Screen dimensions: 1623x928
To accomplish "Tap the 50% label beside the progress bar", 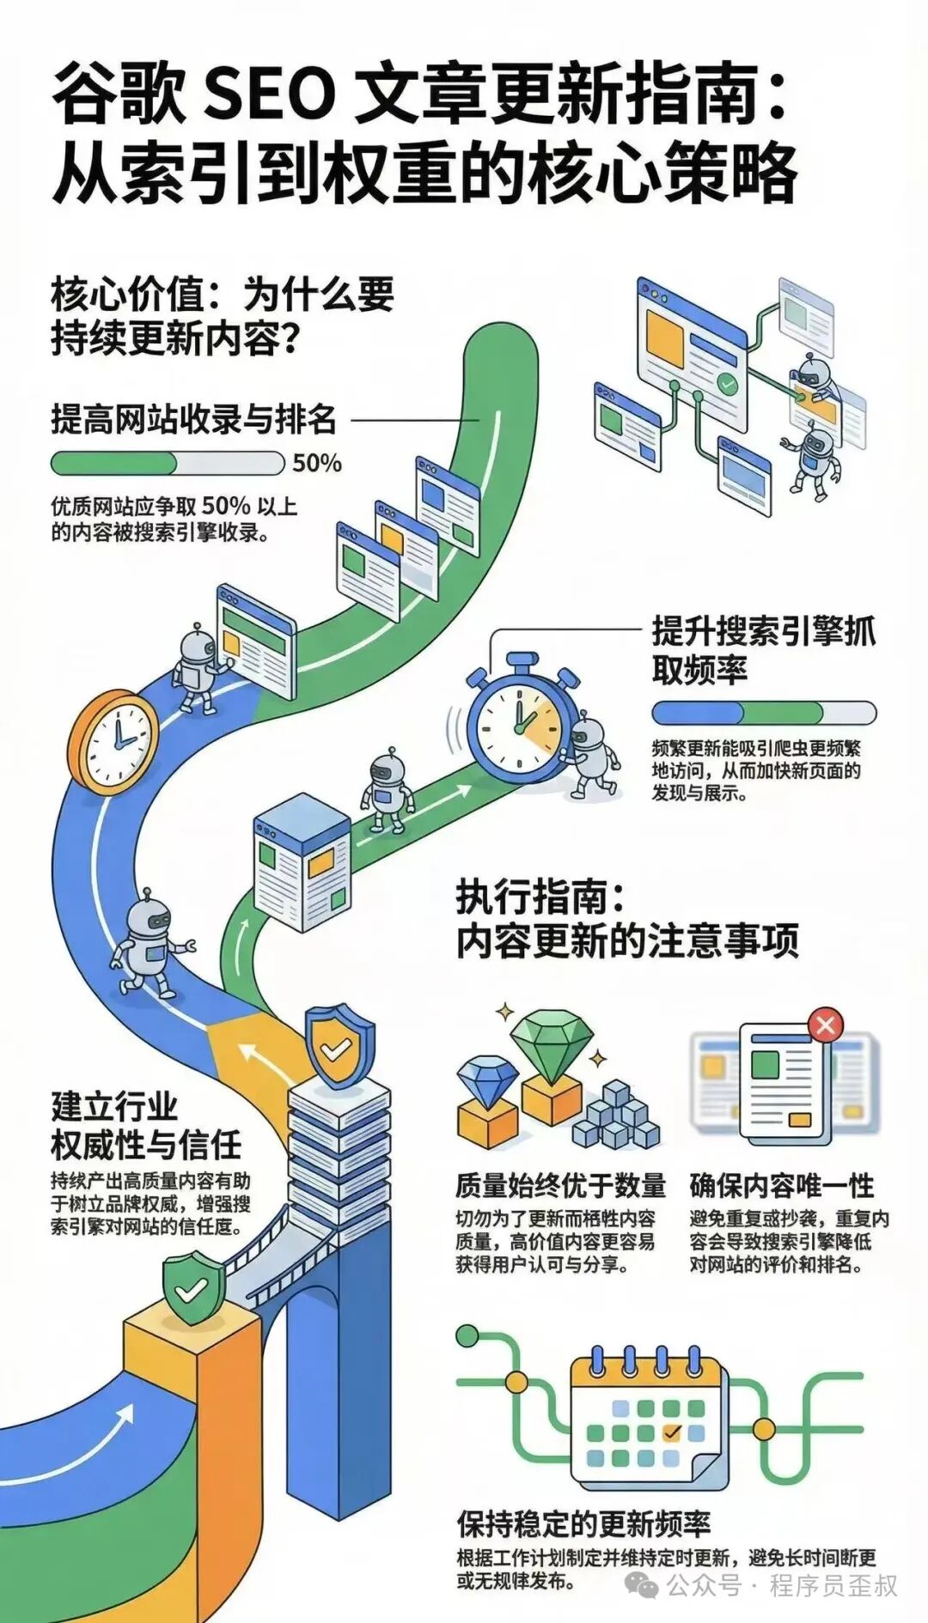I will coord(317,464).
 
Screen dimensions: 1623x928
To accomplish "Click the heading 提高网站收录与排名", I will coord(193,419).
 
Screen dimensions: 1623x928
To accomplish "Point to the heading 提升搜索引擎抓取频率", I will coord(763,650).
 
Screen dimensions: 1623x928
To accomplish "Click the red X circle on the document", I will coord(826,1024).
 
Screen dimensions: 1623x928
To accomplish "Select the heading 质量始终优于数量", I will coord(560,1186).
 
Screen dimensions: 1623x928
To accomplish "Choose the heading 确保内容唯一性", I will coord(781,1186).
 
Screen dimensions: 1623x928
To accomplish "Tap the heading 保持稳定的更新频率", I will coord(583,1524).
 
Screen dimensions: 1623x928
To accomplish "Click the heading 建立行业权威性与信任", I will coord(146,1126).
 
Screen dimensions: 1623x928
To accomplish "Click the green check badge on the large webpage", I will coord(729,384).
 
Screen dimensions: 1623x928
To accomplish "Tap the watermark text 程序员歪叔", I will coord(833,1585).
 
